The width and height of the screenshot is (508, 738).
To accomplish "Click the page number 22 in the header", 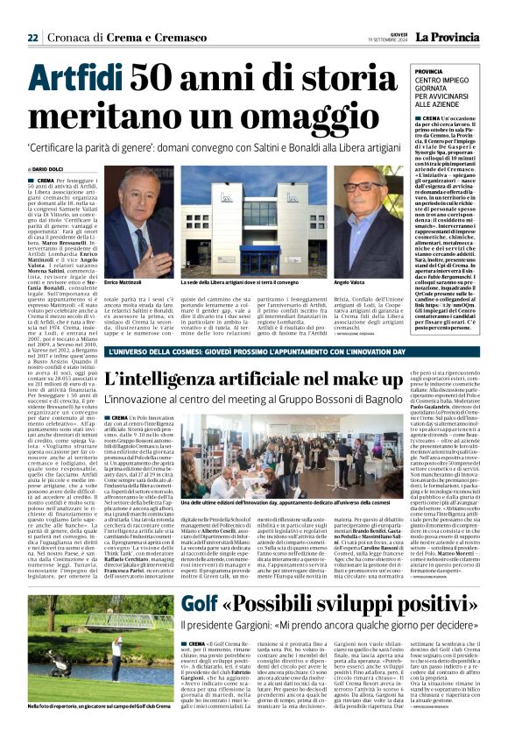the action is (33, 37).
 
